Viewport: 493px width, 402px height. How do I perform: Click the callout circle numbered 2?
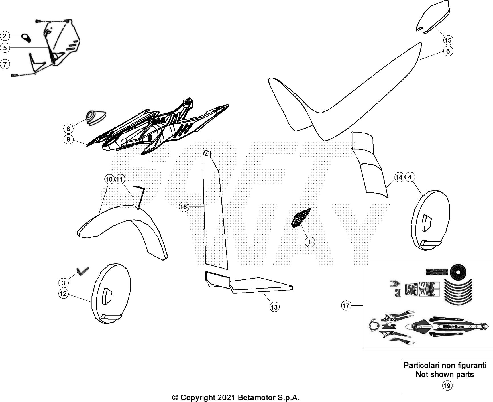click(x=5, y=36)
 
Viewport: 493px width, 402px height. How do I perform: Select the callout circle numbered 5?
click(x=5, y=48)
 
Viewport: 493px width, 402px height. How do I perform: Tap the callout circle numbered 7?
click(x=5, y=64)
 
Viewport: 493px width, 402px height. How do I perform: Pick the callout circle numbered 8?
click(x=68, y=129)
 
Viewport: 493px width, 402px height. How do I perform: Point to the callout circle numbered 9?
click(x=68, y=139)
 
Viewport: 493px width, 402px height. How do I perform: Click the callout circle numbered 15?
click(x=448, y=40)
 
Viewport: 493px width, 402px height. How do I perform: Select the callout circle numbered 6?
click(x=448, y=51)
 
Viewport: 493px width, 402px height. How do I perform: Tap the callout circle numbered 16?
click(x=184, y=207)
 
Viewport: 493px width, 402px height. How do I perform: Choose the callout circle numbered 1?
click(x=310, y=242)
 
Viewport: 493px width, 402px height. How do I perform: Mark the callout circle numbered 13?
click(x=274, y=307)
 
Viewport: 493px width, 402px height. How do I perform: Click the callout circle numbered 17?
click(x=346, y=306)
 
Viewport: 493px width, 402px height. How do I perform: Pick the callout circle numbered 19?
click(x=447, y=386)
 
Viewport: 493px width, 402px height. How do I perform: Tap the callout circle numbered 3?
click(x=63, y=283)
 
